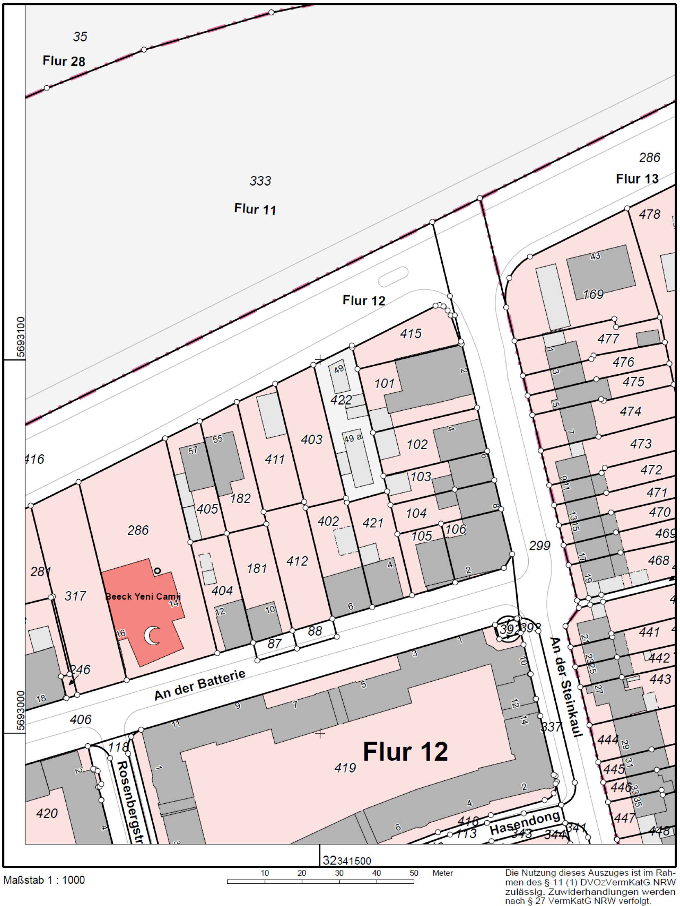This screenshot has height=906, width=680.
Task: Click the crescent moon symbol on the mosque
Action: (153, 636)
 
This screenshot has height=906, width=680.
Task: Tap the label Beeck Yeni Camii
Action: (143, 596)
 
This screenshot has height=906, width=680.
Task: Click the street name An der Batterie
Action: (200, 684)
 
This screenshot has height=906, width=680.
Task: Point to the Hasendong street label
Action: (524, 823)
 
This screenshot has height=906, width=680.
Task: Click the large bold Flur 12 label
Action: (405, 751)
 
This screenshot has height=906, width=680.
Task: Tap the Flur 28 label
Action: (64, 61)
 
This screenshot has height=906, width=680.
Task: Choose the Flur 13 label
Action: (637, 179)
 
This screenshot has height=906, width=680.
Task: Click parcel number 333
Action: (260, 181)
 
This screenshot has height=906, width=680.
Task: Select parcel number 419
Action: (345, 767)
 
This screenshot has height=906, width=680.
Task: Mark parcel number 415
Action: (410, 333)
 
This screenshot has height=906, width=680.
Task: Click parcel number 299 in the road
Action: (539, 545)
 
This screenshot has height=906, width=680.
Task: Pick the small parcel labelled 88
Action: (315, 630)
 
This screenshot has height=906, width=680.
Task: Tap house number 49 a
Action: (353, 438)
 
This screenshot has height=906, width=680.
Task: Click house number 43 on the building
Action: (595, 256)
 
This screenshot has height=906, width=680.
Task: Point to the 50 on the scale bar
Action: (413, 873)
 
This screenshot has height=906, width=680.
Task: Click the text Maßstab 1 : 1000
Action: (44, 880)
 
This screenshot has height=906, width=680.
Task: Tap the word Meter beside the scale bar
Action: (443, 873)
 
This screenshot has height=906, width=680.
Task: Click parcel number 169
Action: (593, 294)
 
